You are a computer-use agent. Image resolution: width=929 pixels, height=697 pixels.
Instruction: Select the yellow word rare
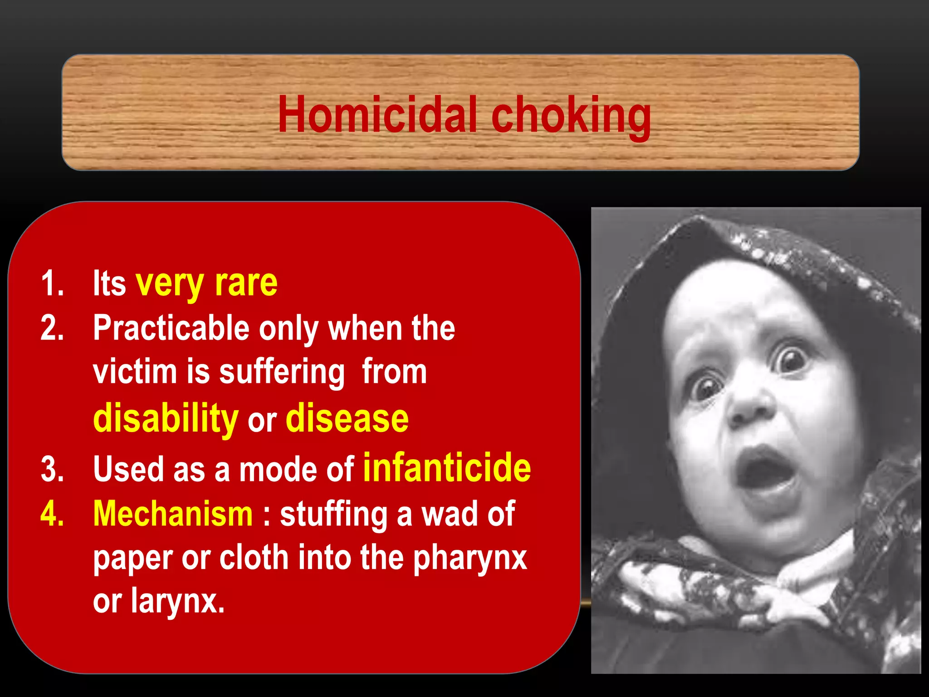pos(246,283)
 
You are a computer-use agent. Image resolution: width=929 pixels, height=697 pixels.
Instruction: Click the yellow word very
pos(170,284)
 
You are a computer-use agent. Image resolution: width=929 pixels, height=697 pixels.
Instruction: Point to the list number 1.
pos(52,284)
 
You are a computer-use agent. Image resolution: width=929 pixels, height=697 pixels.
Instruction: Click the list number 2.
pos(52,328)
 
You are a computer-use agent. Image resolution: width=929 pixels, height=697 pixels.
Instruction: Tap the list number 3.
pos(52,469)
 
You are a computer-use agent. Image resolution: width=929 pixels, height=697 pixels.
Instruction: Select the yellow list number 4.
pos(52,514)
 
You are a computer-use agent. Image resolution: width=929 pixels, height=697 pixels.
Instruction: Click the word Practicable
pos(171,328)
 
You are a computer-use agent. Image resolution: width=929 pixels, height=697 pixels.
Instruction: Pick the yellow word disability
pos(166,418)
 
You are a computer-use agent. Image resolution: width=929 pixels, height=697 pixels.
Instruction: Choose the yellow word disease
pos(347,418)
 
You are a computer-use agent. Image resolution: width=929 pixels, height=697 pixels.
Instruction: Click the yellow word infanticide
pos(447,467)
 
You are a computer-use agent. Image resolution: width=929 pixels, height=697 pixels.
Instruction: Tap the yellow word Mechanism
pos(173,514)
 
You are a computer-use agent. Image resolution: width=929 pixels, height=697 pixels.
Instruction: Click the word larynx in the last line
pos(178,602)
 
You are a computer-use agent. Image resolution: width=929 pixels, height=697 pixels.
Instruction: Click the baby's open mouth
pos(767,472)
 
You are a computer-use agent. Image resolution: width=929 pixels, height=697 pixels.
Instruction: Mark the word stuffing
pos(333,515)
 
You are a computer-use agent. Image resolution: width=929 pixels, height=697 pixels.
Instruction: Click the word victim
pos(135,371)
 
